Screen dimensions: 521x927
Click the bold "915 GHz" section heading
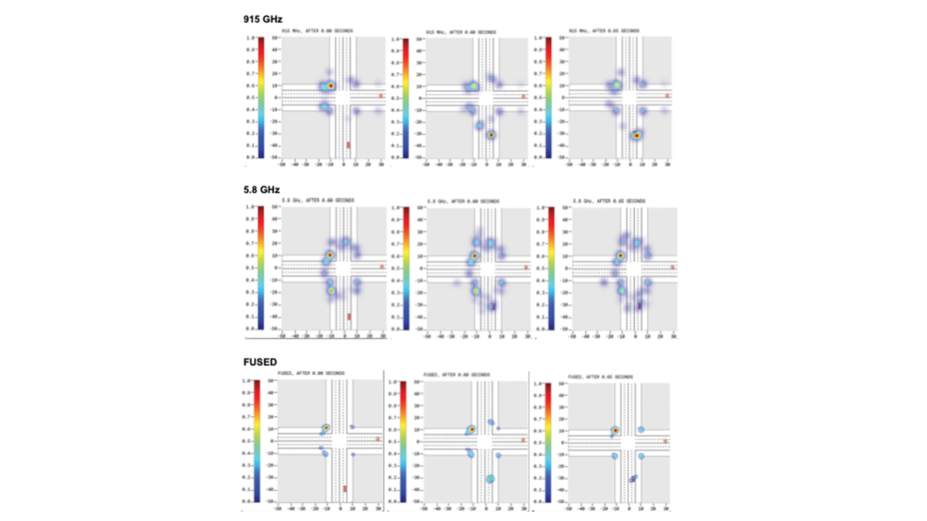(263, 19)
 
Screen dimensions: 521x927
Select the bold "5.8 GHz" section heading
(261, 189)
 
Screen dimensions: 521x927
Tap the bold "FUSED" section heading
(260, 362)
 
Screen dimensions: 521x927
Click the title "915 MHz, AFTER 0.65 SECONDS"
(604, 31)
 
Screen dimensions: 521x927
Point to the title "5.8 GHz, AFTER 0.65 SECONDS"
(609, 201)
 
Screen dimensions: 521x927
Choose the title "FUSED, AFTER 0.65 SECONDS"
(600, 377)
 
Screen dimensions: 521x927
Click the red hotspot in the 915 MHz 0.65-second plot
(636, 135)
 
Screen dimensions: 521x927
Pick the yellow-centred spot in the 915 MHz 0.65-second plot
(616, 85)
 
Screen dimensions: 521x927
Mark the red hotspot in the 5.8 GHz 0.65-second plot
(621, 256)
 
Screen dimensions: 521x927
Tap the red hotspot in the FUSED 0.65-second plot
(615, 430)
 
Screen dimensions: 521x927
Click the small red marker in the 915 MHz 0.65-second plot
(667, 96)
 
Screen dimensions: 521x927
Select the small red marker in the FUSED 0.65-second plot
(665, 441)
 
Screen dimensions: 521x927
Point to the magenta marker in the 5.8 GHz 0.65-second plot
(640, 306)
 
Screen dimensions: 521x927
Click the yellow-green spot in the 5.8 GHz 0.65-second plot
(622, 291)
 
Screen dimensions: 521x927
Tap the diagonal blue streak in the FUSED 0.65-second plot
(633, 478)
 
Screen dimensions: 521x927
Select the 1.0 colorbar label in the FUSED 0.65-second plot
(538, 384)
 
